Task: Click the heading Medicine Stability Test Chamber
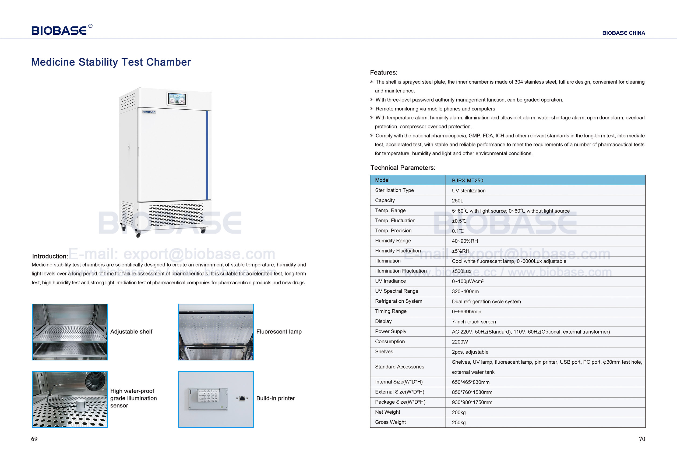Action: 111,62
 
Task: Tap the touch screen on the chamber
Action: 177,99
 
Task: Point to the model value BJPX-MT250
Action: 467,180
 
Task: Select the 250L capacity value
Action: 457,201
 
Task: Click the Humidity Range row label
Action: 393,241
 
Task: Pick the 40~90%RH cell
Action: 465,241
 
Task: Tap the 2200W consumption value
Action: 460,342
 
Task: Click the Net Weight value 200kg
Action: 459,412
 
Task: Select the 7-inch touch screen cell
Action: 474,321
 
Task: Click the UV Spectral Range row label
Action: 396,291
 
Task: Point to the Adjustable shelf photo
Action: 70,332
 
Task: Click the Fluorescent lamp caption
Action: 279,332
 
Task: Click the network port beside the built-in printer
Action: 242,399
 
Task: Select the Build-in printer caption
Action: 275,398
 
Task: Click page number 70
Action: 642,439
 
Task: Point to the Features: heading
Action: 383,73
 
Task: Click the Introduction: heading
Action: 50,256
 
